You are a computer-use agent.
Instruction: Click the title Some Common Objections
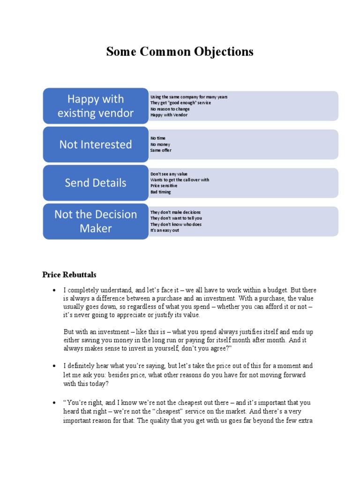(x=180, y=52)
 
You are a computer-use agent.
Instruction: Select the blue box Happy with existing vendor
(x=96, y=106)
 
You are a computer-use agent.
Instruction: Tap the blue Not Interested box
(x=96, y=144)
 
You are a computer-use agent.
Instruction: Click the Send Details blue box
(x=96, y=183)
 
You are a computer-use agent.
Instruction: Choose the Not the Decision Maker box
(x=96, y=221)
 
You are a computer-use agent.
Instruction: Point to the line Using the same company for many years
(x=189, y=97)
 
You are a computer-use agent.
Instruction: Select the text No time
(x=158, y=139)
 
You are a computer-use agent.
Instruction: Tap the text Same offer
(x=161, y=150)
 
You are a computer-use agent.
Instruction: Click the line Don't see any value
(x=169, y=174)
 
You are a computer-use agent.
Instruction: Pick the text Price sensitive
(x=164, y=186)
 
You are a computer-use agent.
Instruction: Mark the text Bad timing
(x=161, y=192)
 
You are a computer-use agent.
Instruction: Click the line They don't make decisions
(x=176, y=212)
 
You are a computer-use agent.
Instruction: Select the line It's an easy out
(x=165, y=230)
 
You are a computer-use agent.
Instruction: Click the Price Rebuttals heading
(x=69, y=275)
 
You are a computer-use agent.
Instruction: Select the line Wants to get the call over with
(x=180, y=180)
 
